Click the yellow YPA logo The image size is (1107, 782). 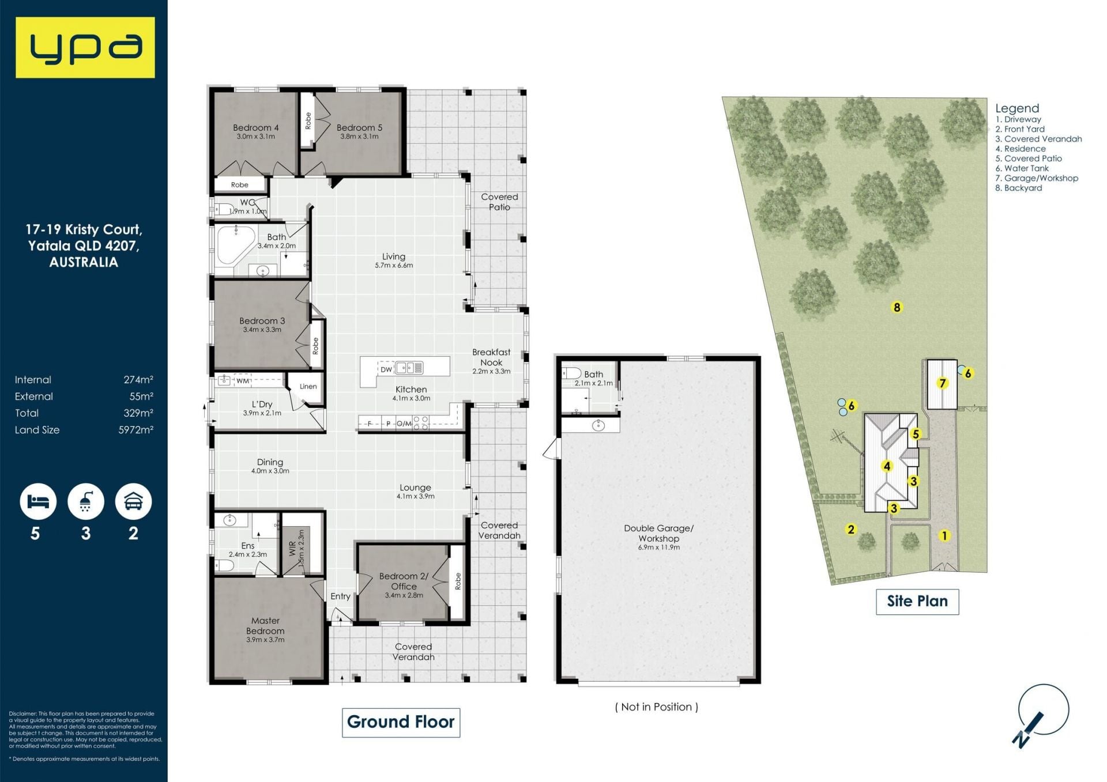pyautogui.click(x=85, y=47)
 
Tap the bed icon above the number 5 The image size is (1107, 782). pyautogui.click(x=38, y=501)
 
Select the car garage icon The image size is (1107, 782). pyautogui.click(x=133, y=501)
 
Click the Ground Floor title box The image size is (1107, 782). pyautogui.click(x=401, y=722)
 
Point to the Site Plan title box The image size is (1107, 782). pyautogui.click(x=917, y=602)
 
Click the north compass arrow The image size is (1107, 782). pyautogui.click(x=1028, y=730)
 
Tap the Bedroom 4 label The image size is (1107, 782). pyautogui.click(x=256, y=127)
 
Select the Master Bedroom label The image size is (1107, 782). pyautogui.click(x=265, y=625)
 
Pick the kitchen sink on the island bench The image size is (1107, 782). pyautogui.click(x=409, y=368)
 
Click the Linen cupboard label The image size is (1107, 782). pyautogui.click(x=308, y=386)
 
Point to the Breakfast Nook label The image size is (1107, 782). pyautogui.click(x=491, y=357)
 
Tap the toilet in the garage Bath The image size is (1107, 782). pyautogui.click(x=571, y=373)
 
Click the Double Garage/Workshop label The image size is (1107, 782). pyautogui.click(x=658, y=533)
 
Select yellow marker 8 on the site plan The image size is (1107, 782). pyautogui.click(x=897, y=307)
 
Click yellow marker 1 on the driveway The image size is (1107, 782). pyautogui.click(x=944, y=535)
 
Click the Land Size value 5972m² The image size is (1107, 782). pyautogui.click(x=136, y=430)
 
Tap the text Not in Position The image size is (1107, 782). pyautogui.click(x=657, y=707)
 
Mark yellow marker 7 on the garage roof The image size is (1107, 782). pyautogui.click(x=943, y=383)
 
